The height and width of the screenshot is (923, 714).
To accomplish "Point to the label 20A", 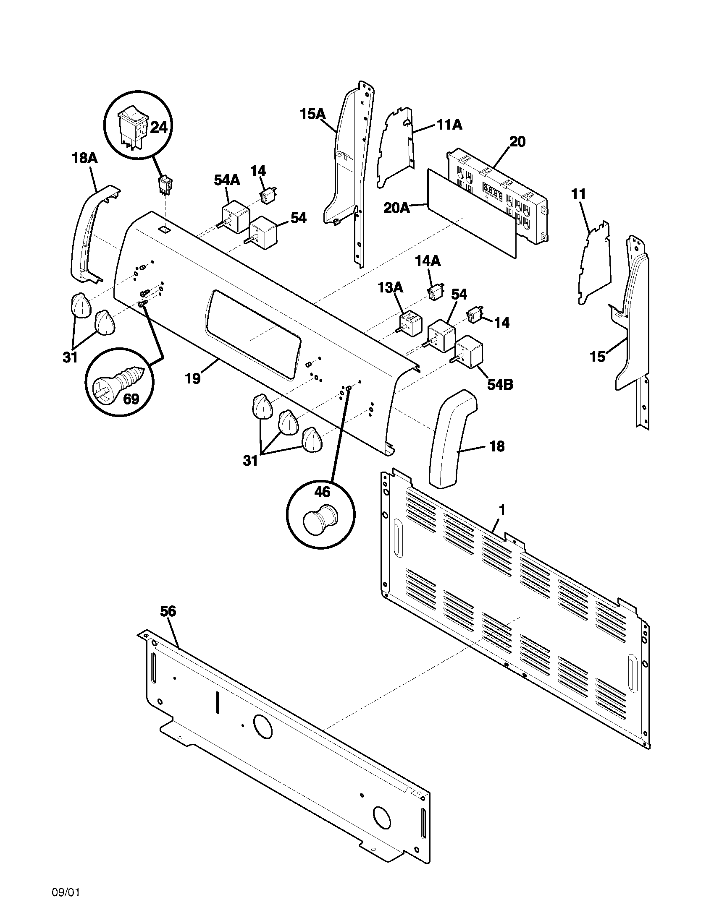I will click(397, 208).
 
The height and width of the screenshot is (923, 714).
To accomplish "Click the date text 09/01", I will click(66, 902).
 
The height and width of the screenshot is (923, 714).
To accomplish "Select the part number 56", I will click(168, 611).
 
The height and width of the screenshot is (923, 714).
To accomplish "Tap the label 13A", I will click(390, 288).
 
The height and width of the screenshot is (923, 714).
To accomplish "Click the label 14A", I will click(428, 261).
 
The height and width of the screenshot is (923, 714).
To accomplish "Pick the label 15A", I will click(312, 114).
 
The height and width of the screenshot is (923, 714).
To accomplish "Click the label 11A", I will click(449, 125).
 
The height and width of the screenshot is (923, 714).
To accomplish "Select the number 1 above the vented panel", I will click(501, 511).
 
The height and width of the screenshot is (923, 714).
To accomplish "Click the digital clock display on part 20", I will click(492, 190).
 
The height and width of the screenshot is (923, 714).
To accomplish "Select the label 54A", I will click(227, 180).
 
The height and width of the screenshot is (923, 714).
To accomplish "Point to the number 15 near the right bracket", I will click(597, 357).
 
